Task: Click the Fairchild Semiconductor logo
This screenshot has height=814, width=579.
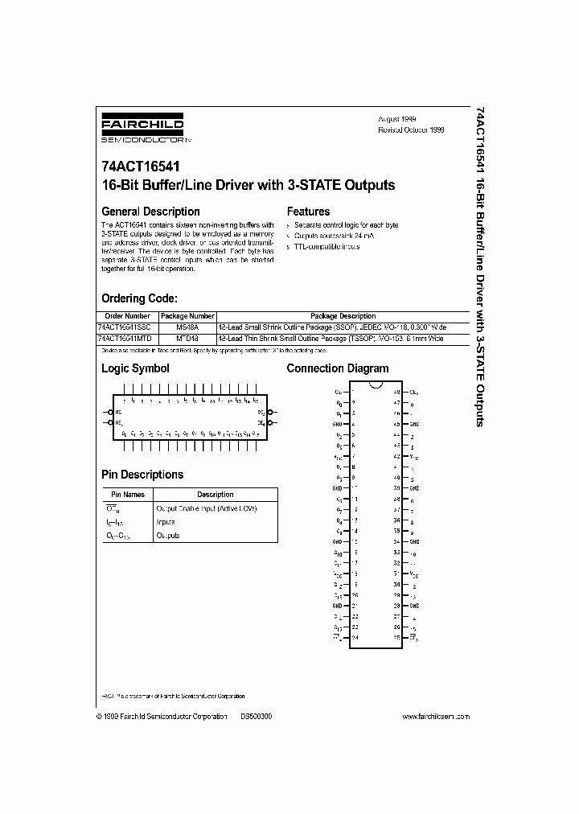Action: (x=142, y=129)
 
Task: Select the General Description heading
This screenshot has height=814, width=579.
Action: (x=150, y=212)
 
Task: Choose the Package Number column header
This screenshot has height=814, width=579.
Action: (x=187, y=316)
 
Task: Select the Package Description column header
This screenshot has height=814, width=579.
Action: (x=343, y=316)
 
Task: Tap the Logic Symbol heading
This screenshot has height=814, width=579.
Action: (x=135, y=368)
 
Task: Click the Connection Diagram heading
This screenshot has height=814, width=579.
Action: (x=338, y=368)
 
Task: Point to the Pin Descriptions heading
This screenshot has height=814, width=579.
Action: (x=142, y=475)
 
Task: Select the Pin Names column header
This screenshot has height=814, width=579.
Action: (x=128, y=495)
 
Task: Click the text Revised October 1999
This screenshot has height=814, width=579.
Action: (x=411, y=129)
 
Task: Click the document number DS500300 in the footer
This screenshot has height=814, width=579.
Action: (x=256, y=715)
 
